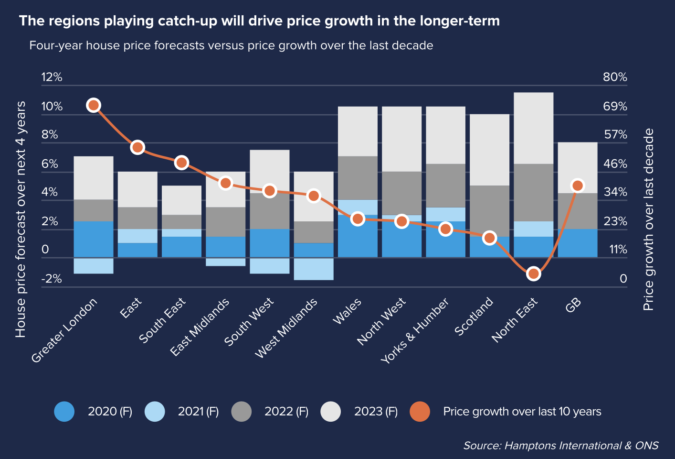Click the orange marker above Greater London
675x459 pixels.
point(94,105)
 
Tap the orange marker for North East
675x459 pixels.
point(534,274)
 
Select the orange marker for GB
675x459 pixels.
point(578,186)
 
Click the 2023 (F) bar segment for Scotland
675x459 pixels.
point(489,150)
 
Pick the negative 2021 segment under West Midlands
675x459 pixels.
point(314,269)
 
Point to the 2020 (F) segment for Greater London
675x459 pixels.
point(94,239)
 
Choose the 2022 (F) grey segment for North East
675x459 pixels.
point(534,192)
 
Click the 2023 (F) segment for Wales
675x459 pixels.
point(358,131)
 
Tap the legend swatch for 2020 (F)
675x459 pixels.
point(64,412)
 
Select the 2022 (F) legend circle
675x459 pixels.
point(242,412)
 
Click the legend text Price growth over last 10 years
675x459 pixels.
point(522,412)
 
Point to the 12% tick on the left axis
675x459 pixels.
point(52,77)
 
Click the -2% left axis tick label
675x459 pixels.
point(52,279)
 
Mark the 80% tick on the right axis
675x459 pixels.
point(615,77)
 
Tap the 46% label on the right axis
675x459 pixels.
point(615,164)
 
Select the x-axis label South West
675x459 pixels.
point(249,321)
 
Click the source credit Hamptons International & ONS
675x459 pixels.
point(561,446)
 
